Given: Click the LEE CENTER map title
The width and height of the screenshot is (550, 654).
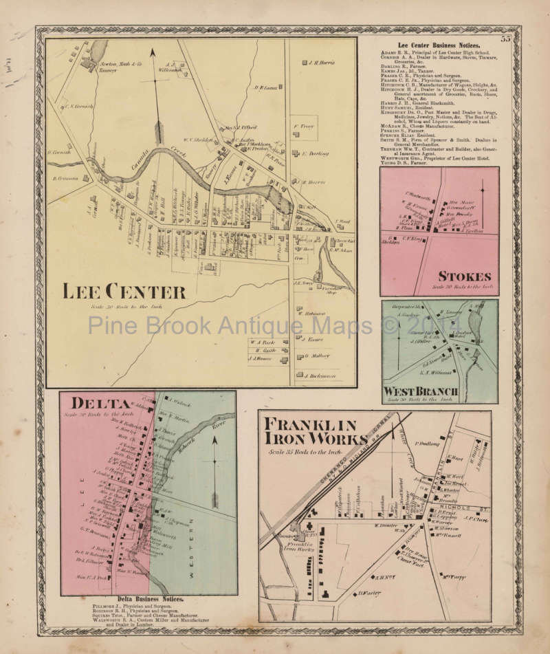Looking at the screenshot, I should pos(124,292).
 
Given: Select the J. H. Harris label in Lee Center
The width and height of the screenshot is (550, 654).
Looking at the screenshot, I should pos(320,63).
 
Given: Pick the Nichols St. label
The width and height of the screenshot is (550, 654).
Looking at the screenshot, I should pos(473,510).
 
